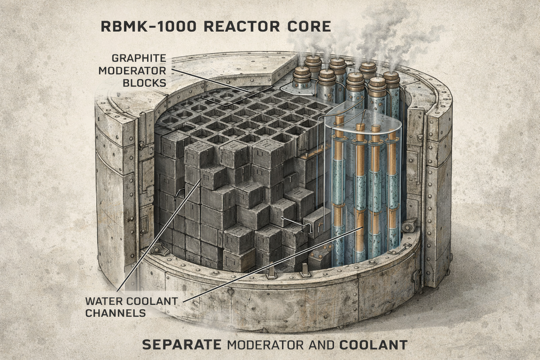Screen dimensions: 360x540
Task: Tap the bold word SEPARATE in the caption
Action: click(x=181, y=345)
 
